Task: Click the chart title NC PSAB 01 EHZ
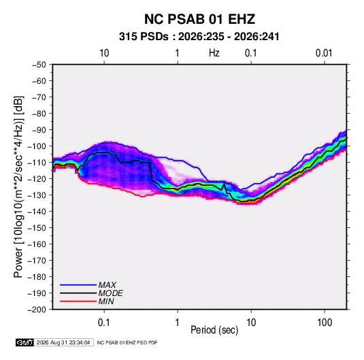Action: tap(199, 19)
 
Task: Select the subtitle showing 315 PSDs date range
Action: tap(199, 37)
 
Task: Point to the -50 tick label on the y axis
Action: tap(39, 65)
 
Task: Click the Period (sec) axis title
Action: tap(214, 330)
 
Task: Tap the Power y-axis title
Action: tap(18, 186)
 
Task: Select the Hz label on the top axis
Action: tap(214, 53)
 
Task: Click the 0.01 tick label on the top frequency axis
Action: tap(324, 53)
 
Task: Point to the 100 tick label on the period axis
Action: tap(325, 323)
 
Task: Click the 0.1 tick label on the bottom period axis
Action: tap(104, 323)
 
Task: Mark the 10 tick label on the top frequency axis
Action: tap(104, 53)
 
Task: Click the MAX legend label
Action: tap(107, 285)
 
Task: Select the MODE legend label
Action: tap(110, 293)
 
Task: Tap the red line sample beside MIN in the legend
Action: tap(78, 301)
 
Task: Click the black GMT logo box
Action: tap(24, 342)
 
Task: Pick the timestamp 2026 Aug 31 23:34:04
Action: tap(63, 342)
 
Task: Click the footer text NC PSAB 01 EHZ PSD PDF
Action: tap(127, 342)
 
